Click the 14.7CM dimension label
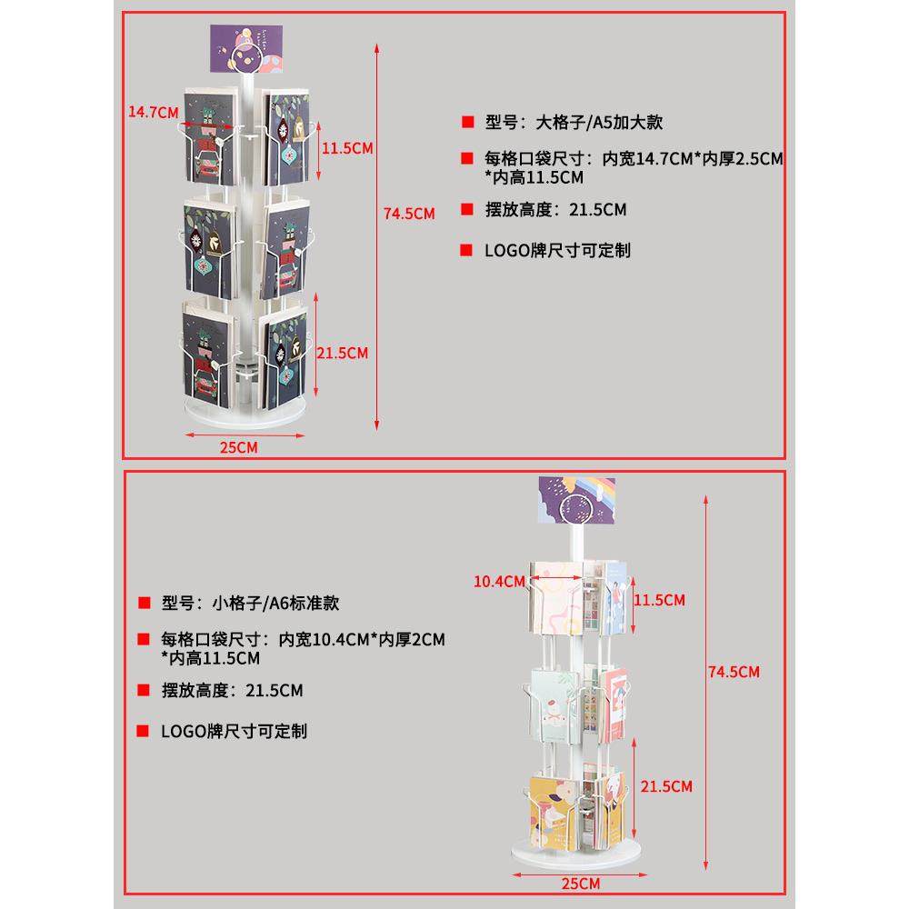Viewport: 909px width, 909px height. point(152,112)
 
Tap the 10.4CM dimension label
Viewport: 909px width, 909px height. point(498,581)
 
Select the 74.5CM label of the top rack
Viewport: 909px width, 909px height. point(409,214)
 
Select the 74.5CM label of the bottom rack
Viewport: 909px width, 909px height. point(733,672)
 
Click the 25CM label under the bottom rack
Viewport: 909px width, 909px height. point(579,884)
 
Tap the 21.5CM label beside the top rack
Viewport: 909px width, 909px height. point(342,353)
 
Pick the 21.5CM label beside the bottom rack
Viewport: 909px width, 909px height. point(666,785)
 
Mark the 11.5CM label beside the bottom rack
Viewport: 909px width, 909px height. point(659,600)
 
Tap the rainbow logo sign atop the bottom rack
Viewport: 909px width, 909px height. point(576,501)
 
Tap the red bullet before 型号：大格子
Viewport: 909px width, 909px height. point(467,123)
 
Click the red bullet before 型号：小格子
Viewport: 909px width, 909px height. point(143,603)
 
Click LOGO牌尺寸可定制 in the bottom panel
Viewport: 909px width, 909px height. point(234,730)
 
